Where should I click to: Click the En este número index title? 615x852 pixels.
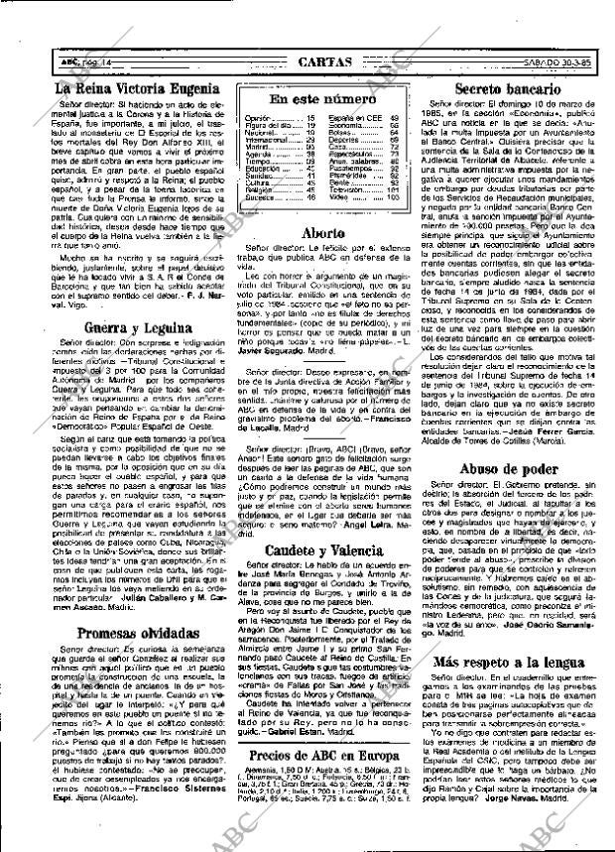[x=308, y=100]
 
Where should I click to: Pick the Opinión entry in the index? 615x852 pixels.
[x=259, y=118]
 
